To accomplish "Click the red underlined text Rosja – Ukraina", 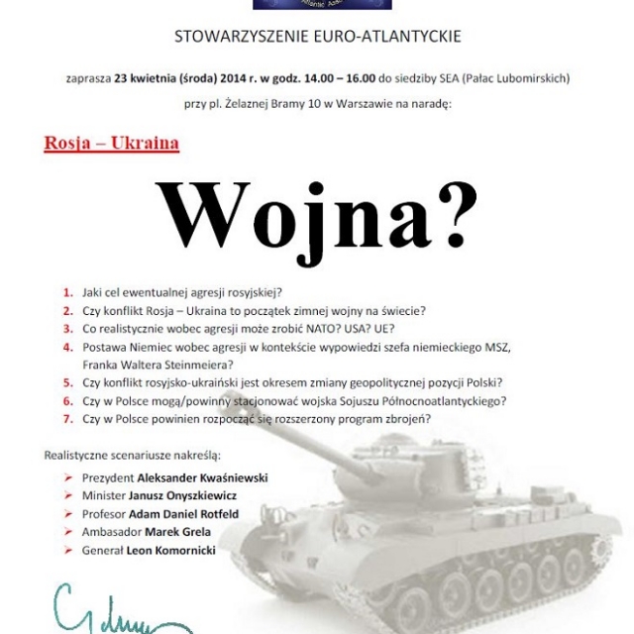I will coord(112,143).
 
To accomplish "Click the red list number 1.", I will coord(68,292).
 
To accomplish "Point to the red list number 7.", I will coord(68,418).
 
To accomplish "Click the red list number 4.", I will coord(68,347).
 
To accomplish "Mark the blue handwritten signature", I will coord(99,610).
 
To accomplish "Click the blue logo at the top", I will coord(308,5).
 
